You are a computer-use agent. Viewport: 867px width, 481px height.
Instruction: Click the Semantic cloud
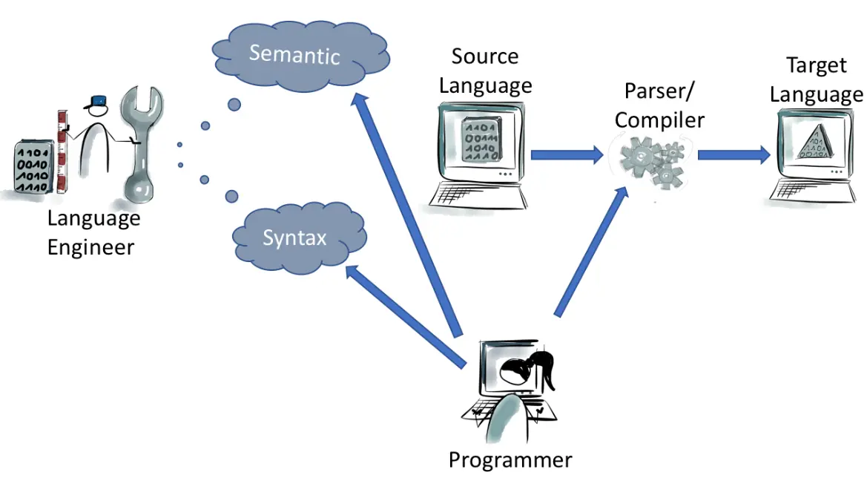tap(294, 54)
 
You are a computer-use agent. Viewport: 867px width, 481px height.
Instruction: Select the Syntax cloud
tap(295, 238)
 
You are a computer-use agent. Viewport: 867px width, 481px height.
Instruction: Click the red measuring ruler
tap(62, 152)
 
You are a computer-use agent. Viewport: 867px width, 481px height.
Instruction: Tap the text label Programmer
tap(510, 459)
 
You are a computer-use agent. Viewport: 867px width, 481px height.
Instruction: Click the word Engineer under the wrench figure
tap(90, 247)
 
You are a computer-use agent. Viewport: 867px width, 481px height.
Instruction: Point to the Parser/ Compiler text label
tap(659, 105)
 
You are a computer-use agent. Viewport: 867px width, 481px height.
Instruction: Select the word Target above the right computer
tap(816, 65)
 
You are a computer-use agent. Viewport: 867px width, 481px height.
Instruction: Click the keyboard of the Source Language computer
tap(478, 196)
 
